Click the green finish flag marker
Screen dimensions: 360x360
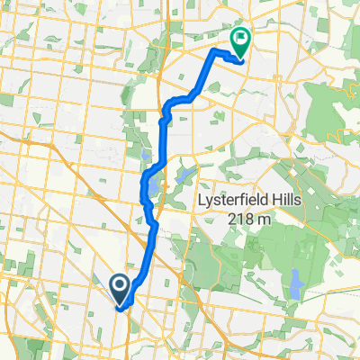click(240, 40)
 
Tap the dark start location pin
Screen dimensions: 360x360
click(120, 287)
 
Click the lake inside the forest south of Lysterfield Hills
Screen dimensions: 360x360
click(296, 286)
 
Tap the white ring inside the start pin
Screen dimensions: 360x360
click(120, 285)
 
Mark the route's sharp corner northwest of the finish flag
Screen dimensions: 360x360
click(213, 52)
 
